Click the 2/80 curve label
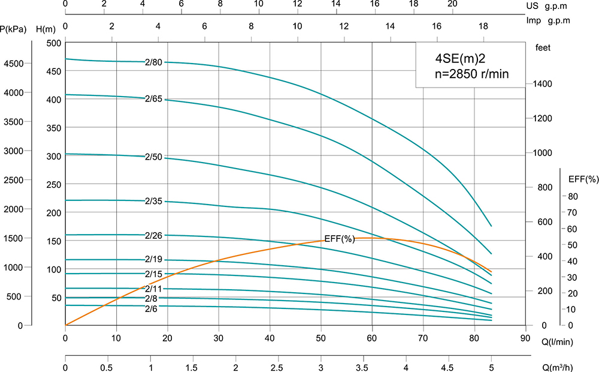click(154, 62)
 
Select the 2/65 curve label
click(154, 98)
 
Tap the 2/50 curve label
click(154, 157)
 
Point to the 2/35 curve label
click(154, 200)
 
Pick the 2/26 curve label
click(154, 235)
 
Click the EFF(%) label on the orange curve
click(340, 239)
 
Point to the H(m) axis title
click(46, 29)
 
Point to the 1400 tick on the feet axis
click(541, 84)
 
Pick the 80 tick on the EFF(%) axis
click(572, 196)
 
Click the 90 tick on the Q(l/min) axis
click(526, 337)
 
